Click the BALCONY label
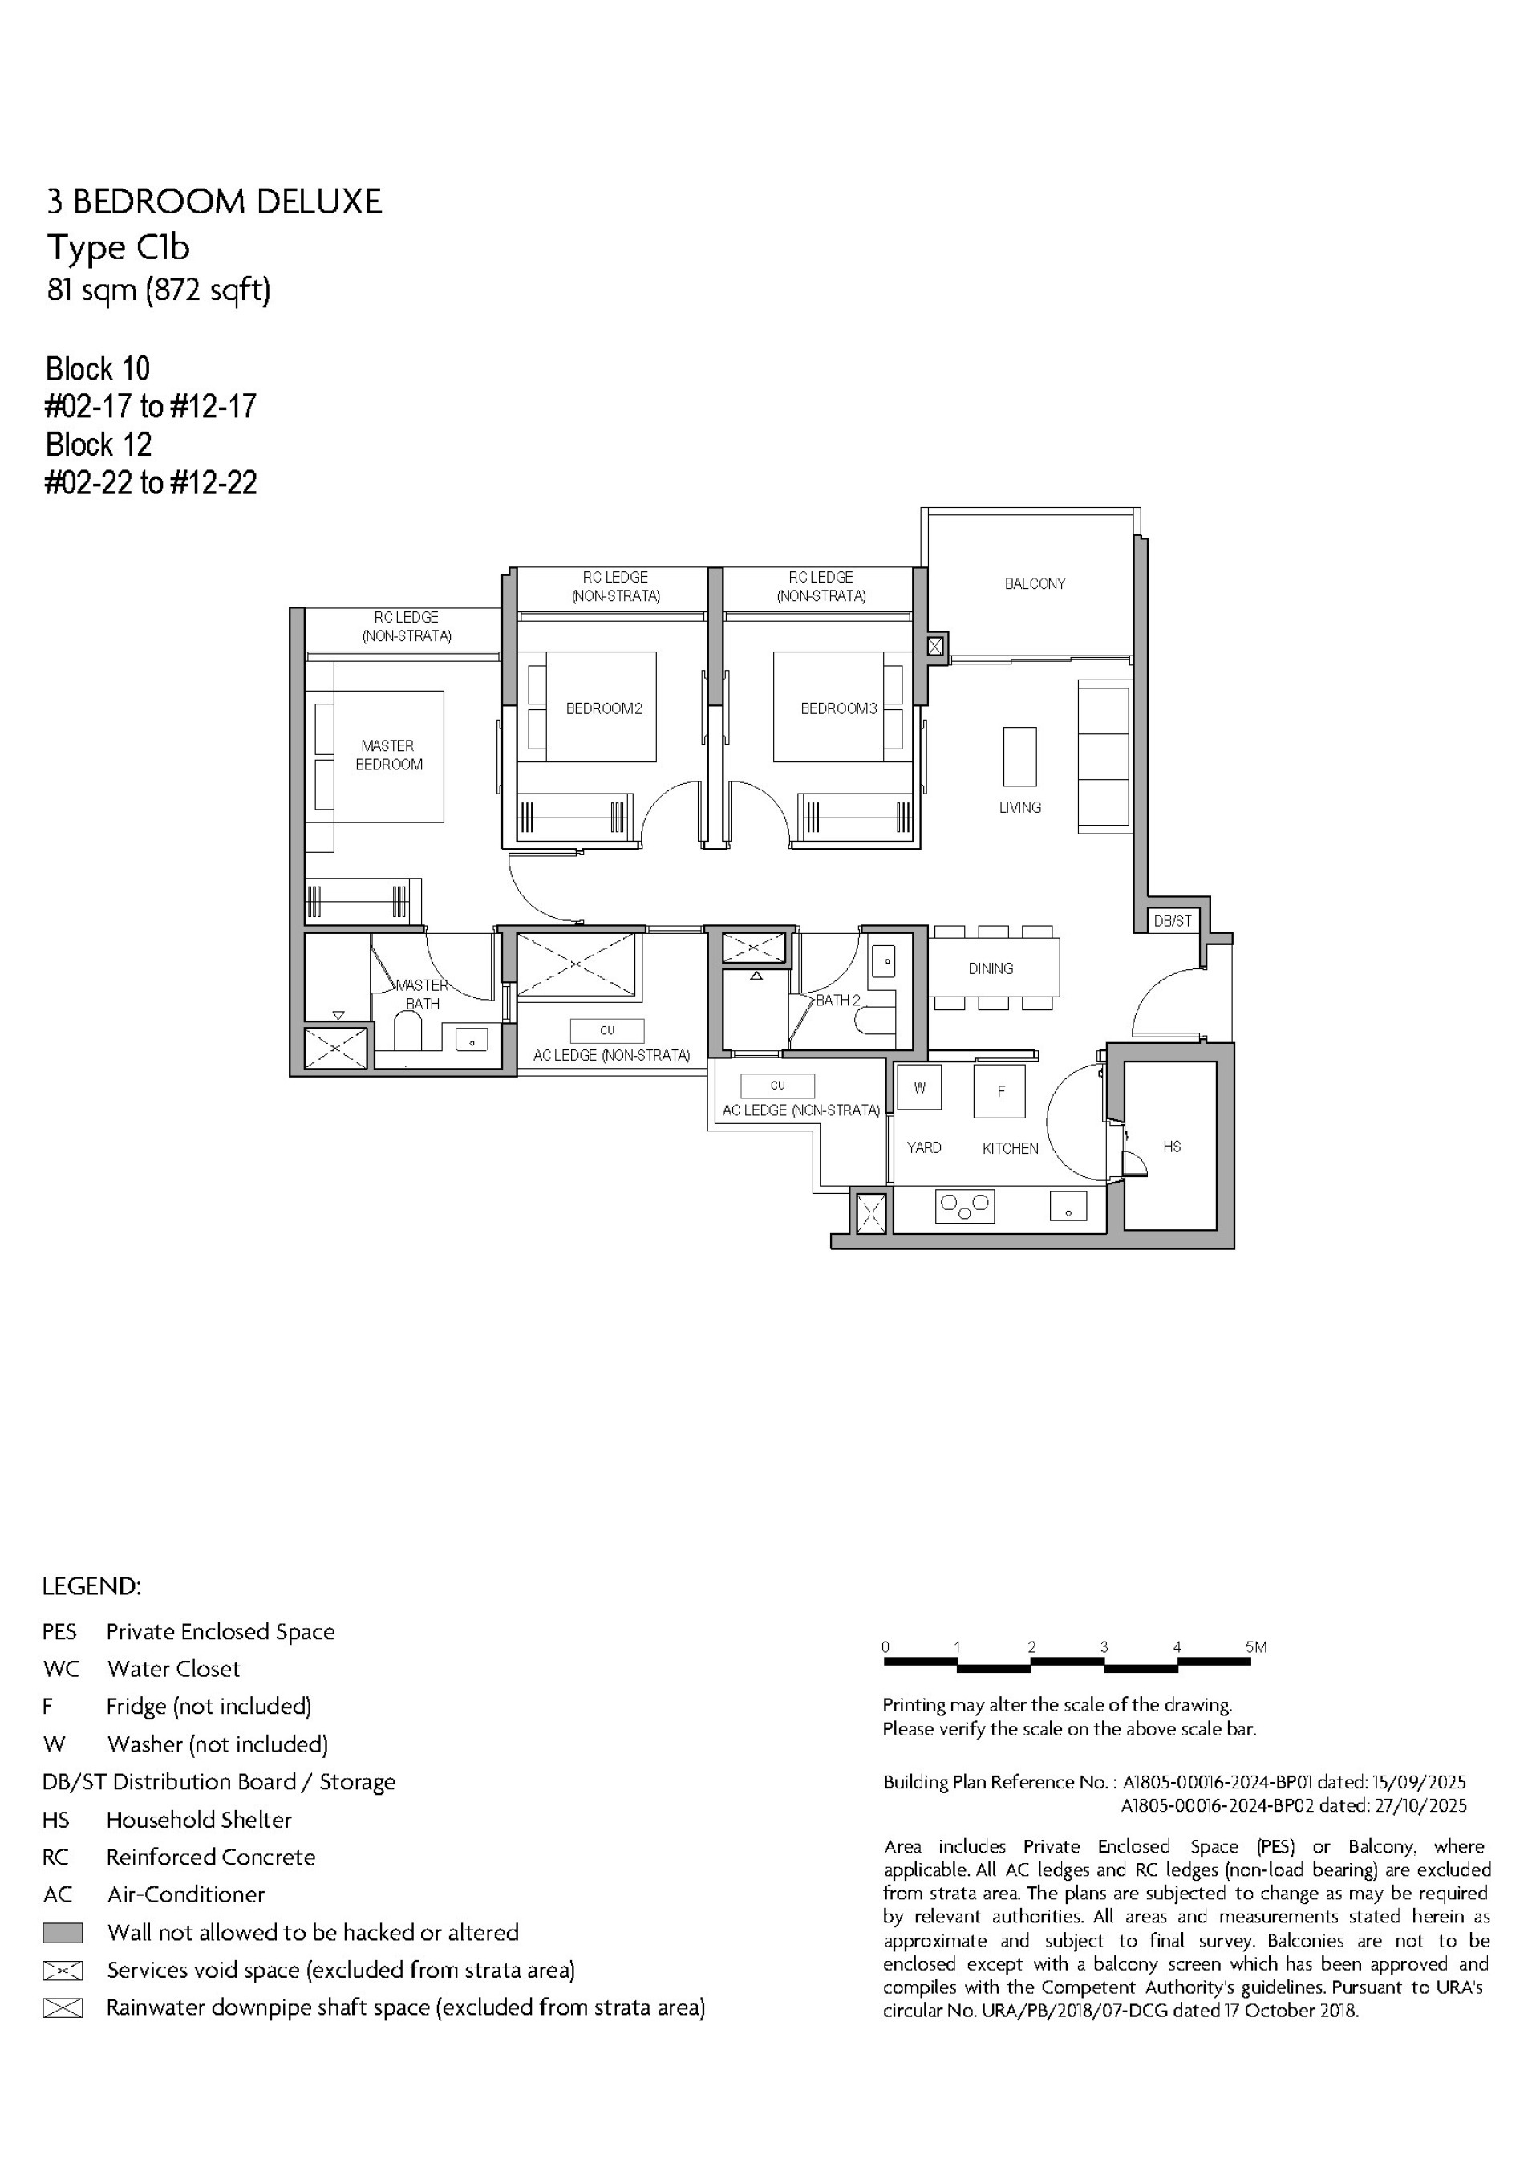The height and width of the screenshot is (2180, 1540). tap(1035, 584)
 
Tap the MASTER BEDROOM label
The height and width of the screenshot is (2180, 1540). tap(388, 755)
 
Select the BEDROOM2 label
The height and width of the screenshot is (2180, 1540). tap(604, 708)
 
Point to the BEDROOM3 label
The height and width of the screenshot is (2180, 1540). tap(838, 708)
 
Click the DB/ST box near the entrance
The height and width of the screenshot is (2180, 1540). tap(1172, 921)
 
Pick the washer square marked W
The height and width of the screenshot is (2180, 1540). tap(919, 1087)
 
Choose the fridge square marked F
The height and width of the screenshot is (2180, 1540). tap(999, 1091)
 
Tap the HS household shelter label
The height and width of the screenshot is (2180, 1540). tap(1172, 1147)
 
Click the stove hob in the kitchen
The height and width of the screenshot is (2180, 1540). tap(965, 1206)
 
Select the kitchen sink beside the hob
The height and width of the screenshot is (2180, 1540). tap(1068, 1207)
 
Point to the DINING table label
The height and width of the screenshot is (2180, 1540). tap(991, 968)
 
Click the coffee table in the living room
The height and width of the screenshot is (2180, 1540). tap(1019, 756)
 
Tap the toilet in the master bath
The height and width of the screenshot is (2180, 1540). tap(407, 1033)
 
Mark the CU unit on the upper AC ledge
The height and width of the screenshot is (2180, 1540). tap(606, 1030)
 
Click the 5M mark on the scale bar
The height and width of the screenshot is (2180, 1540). tap(1255, 1647)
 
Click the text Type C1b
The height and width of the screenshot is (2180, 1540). tap(119, 248)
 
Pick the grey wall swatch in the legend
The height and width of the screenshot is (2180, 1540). tap(63, 1933)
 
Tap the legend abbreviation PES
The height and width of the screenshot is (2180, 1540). tap(59, 1632)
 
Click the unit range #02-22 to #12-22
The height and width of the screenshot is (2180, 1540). tap(150, 483)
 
